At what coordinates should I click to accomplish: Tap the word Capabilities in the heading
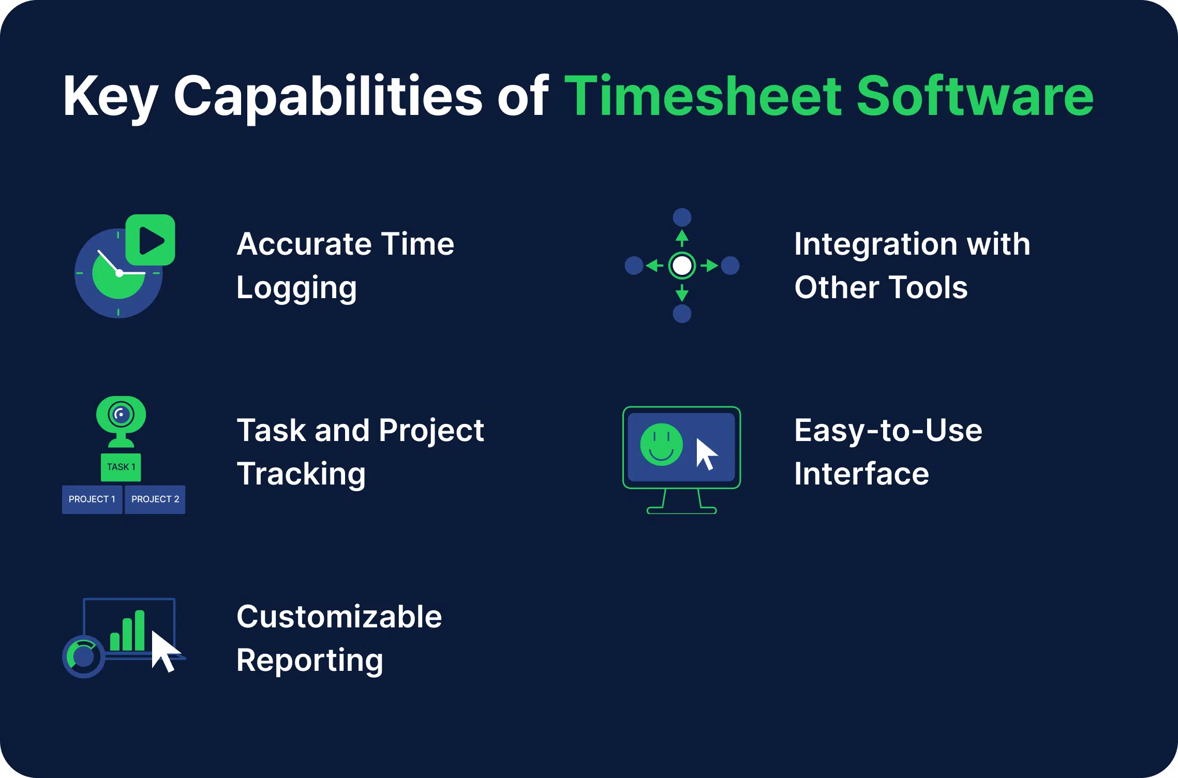pos(328,97)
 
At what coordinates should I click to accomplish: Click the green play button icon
pos(151,240)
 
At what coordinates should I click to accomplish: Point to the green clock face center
pos(119,273)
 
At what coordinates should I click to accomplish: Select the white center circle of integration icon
pos(682,266)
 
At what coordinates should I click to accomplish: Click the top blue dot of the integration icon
pos(682,217)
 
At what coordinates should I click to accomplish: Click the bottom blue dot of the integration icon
pos(682,314)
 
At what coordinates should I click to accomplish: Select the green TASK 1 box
pos(121,467)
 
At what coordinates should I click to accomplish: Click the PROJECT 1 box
pos(92,500)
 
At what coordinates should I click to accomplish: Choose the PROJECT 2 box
pos(155,500)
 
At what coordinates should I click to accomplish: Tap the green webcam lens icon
pos(121,415)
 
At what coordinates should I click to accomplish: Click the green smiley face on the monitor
pos(661,445)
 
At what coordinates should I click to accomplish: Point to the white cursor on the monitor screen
pos(705,454)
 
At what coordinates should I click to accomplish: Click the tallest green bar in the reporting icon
pos(139,630)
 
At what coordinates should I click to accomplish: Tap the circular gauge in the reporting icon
pos(84,656)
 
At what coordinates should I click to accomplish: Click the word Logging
pos(296,288)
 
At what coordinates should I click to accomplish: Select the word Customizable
pos(339,617)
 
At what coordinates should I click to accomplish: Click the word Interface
pos(861,474)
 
